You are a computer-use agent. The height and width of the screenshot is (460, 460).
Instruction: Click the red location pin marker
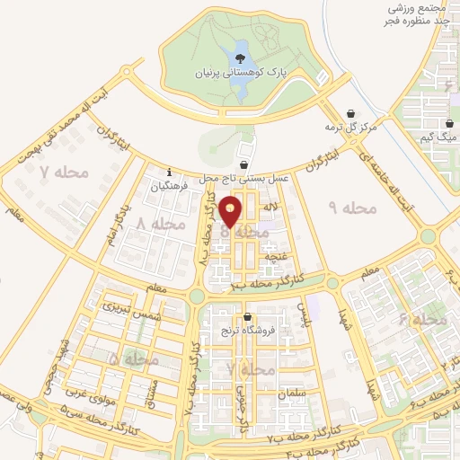(232, 210)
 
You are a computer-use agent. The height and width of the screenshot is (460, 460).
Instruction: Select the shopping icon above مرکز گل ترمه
(349, 113)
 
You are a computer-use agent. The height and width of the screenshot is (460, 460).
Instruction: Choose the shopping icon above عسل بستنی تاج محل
(244, 165)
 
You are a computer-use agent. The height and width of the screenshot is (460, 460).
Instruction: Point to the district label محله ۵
(133, 359)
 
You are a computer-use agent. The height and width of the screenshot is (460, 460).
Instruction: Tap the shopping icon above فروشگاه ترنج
(248, 317)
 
